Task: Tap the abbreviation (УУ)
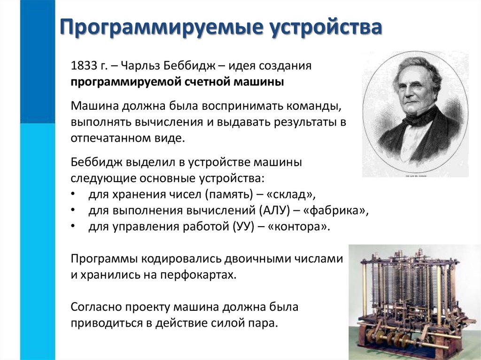pyautogui.click(x=243, y=227)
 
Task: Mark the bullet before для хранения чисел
pyautogui.click(x=73, y=194)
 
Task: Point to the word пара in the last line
pyautogui.click(x=264, y=323)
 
